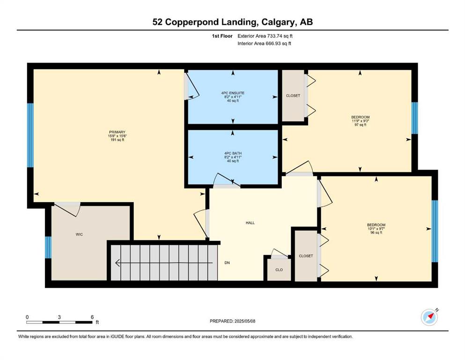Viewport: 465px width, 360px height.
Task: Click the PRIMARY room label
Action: [x=117, y=132]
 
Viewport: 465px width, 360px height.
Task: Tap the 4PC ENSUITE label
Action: [x=233, y=93]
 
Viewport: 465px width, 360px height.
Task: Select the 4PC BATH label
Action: [x=233, y=153]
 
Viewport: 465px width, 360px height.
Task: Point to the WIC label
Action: [x=79, y=234]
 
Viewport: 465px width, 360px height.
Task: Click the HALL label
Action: [x=250, y=223]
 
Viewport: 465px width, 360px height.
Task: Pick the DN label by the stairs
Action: [x=227, y=262]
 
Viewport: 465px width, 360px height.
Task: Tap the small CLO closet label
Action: [x=279, y=270]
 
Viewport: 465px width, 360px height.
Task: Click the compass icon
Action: [x=429, y=317]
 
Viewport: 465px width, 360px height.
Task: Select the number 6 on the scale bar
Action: [x=92, y=317]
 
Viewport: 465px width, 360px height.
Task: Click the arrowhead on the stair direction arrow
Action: [x=118, y=263]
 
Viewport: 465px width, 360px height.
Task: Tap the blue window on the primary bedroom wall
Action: [x=30, y=135]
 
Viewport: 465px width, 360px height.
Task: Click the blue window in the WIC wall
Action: [x=48, y=247]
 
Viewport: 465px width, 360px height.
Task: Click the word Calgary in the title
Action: [x=278, y=22]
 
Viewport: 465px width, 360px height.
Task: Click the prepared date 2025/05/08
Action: [x=245, y=321]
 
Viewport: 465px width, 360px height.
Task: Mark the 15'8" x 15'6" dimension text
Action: [x=118, y=136]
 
